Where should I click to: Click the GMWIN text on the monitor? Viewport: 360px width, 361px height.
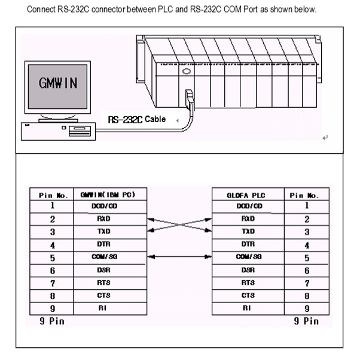tap(58, 84)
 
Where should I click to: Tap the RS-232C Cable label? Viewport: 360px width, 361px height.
tap(137, 119)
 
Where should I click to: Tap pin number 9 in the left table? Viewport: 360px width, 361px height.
tap(53, 308)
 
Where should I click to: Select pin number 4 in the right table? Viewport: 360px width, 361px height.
tap(307, 245)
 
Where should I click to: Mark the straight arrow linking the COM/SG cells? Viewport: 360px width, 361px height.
tap(179, 257)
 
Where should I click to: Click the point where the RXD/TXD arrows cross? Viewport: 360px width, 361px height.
tap(179, 225)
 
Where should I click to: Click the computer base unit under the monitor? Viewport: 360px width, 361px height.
tap(59, 131)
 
